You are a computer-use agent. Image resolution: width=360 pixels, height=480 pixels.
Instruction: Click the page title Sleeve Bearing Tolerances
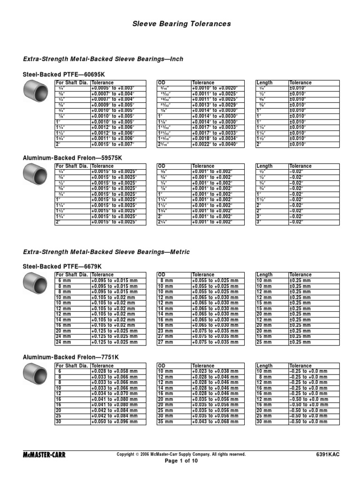[180, 24]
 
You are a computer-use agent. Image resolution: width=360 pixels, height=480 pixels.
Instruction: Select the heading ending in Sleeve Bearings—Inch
[103, 59]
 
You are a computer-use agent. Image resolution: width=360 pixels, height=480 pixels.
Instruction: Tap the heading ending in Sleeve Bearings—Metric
[106, 252]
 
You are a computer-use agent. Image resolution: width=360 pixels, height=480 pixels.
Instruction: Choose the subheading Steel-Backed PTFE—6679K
[62, 267]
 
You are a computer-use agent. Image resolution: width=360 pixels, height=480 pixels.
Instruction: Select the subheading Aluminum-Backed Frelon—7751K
[71, 357]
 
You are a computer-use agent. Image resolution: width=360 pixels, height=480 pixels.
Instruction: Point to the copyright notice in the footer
[180, 454]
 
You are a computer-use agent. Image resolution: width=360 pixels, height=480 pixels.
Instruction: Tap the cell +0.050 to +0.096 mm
[118, 422]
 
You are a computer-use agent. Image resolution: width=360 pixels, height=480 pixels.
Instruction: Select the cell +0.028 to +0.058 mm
[118, 371]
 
